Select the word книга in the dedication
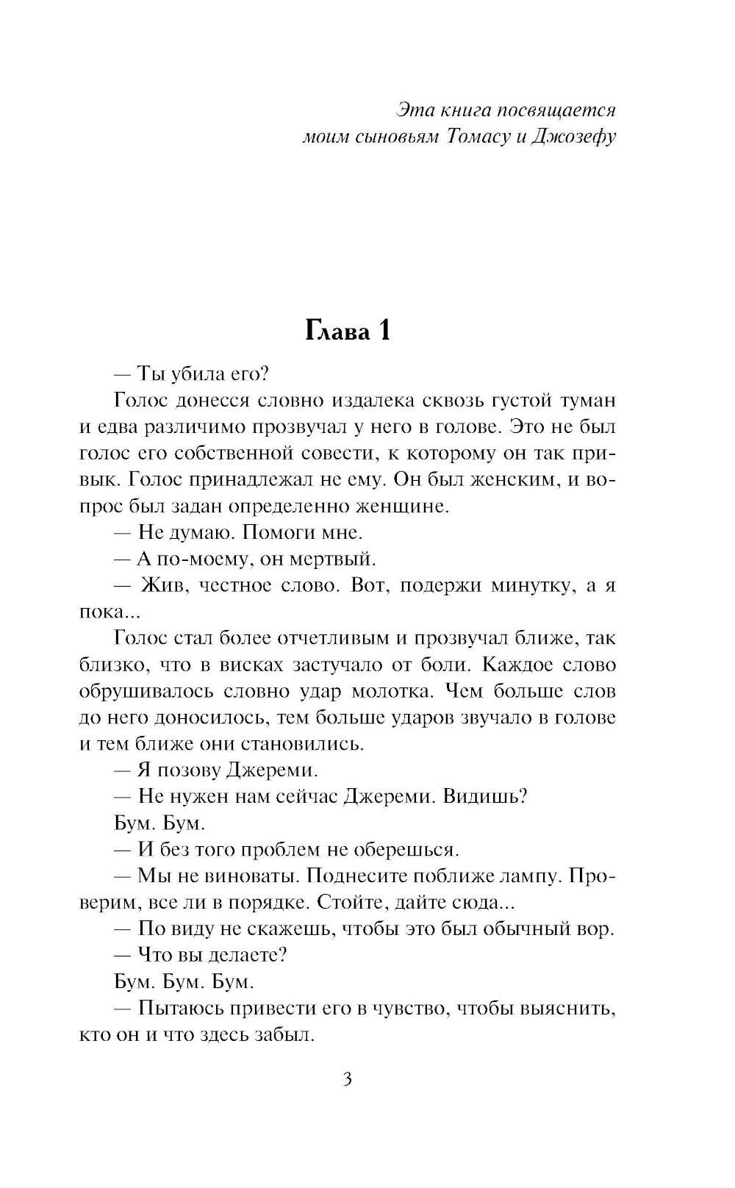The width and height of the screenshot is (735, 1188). click(467, 110)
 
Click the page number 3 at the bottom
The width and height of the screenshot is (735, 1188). click(348, 1079)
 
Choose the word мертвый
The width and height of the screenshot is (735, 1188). click(337, 559)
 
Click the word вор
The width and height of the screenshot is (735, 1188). click(596, 929)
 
